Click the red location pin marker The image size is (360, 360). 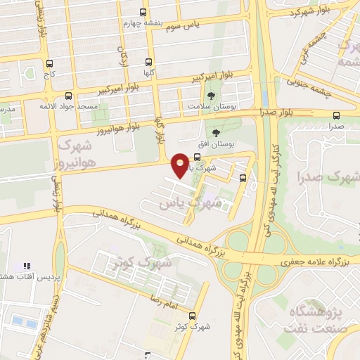[181, 165]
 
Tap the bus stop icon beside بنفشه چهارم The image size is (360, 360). [143, 12]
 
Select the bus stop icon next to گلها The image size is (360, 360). [148, 62]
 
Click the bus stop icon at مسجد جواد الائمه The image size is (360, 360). [68, 96]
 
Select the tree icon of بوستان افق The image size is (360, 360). [215, 132]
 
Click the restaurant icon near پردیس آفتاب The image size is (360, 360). [27, 266]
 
